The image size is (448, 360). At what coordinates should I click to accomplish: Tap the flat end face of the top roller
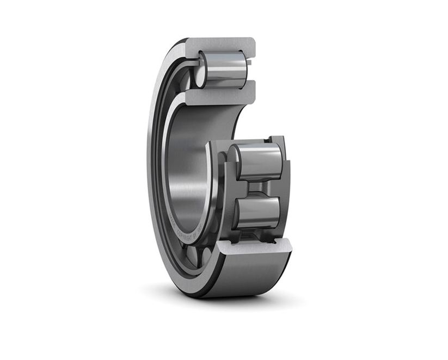coord(201,70)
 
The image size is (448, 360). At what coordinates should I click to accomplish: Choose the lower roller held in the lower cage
coord(258,212)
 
